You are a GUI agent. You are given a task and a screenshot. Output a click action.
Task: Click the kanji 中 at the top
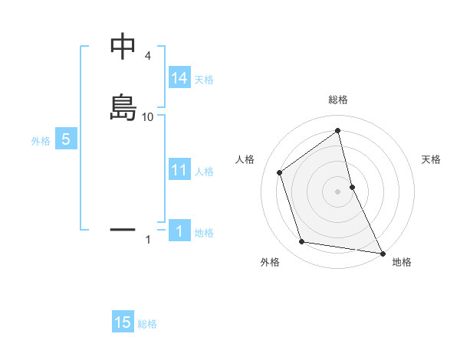123,47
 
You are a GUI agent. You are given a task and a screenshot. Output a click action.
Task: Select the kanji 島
123,107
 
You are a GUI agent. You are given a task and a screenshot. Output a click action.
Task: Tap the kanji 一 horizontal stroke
123,228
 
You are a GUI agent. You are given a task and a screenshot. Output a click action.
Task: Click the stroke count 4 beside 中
148,56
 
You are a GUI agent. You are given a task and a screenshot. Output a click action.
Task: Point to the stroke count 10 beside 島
148,117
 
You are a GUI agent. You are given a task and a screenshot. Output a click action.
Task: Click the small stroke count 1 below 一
148,240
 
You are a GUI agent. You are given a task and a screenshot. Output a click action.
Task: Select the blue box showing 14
179,78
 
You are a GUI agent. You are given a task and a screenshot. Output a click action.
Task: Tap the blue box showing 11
179,170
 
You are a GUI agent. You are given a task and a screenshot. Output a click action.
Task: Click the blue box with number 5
66,140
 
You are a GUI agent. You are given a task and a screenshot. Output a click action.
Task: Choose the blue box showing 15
123,322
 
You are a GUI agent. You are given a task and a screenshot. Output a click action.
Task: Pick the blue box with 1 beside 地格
179,231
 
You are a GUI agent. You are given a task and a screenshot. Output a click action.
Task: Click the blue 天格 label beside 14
204,79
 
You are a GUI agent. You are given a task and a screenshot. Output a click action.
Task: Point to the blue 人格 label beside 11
204,171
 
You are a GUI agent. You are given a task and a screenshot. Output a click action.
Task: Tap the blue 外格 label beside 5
41,141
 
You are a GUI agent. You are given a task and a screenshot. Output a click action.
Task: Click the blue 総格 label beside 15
147,323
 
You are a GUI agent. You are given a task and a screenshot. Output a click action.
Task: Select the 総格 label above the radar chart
337,100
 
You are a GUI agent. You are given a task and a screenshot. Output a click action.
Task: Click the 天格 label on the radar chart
432,159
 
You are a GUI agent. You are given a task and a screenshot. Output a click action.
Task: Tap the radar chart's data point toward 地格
382,252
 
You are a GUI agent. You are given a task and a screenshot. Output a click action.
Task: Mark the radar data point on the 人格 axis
280,172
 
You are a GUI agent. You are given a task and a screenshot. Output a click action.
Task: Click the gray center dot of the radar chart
337,191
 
